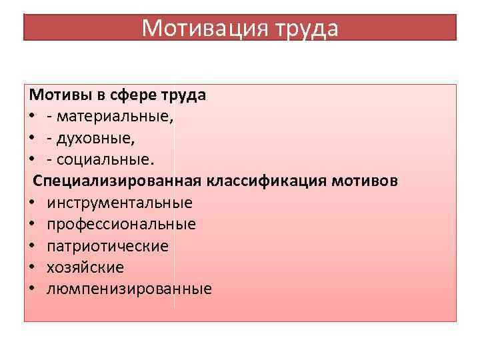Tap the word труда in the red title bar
[306, 28]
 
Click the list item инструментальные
[119, 203]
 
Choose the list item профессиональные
[121, 225]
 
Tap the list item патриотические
[107, 246]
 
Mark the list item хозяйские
[85, 267]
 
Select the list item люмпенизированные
[129, 289]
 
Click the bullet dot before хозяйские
[32, 268]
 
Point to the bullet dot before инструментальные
[32, 203]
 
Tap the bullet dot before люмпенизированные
[32, 289]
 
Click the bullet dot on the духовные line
[32, 139]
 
